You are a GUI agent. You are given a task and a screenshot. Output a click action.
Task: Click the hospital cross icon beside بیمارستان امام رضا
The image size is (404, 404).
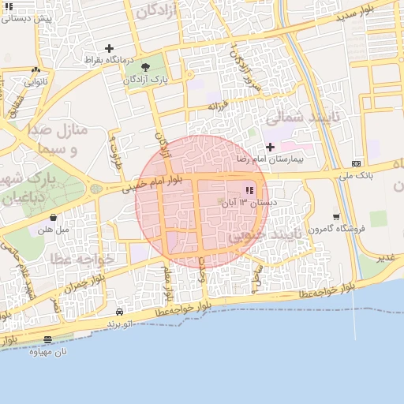click(270, 147)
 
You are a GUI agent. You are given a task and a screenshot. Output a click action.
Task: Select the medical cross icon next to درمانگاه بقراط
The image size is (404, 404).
click(109, 48)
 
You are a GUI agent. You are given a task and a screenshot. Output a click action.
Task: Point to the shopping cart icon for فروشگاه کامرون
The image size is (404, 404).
click(337, 217)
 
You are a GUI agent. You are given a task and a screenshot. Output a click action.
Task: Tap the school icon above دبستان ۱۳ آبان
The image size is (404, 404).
click(249, 190)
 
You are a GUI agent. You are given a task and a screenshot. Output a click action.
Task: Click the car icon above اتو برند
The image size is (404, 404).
click(119, 312)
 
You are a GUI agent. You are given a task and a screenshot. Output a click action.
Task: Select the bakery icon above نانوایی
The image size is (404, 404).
click(36, 69)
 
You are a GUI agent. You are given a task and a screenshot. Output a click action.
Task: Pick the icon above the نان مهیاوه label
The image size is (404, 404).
click(48, 340)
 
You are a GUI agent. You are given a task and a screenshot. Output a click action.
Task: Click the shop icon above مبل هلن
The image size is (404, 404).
click(53, 218)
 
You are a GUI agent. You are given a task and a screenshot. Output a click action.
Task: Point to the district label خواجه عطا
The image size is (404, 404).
click(83, 258)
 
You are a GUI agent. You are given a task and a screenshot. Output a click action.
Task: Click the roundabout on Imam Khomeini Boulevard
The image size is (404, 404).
click(95, 189)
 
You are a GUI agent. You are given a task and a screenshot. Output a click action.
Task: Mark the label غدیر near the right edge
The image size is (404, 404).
click(385, 258)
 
